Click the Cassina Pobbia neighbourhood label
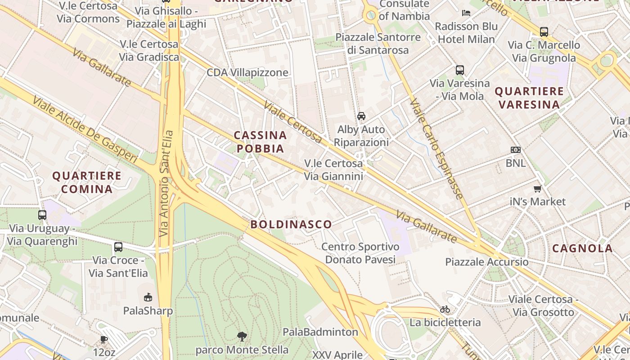[x=260, y=142]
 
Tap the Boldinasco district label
[x=291, y=224]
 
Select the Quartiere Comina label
[x=87, y=182]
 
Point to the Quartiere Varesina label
[x=529, y=98]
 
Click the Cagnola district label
[x=582, y=248]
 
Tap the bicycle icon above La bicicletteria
[x=445, y=309]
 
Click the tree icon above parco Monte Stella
[x=242, y=336]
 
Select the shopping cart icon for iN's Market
[x=537, y=189]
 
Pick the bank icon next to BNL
[x=516, y=149]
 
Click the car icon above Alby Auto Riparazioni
[x=361, y=116]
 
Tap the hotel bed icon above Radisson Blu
[x=466, y=13]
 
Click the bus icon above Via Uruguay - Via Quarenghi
[x=42, y=215]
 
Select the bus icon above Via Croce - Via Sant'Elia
[x=118, y=247]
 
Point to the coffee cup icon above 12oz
[x=104, y=339]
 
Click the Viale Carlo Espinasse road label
[x=437, y=149]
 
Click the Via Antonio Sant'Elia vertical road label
[x=166, y=183]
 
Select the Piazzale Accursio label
[x=487, y=262]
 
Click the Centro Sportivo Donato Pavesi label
[x=360, y=253]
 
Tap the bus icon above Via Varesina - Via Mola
[x=459, y=70]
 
